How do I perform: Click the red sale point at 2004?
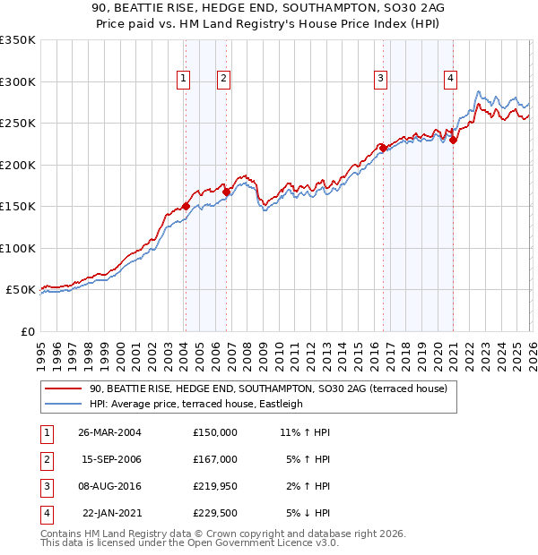[186, 206]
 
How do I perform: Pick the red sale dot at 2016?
[382, 148]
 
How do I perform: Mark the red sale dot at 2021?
[454, 140]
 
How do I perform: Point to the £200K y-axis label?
[18, 165]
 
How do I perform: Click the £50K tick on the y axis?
[21, 290]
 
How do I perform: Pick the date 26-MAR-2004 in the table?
[108, 432]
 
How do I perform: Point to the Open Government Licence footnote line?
[189, 542]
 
